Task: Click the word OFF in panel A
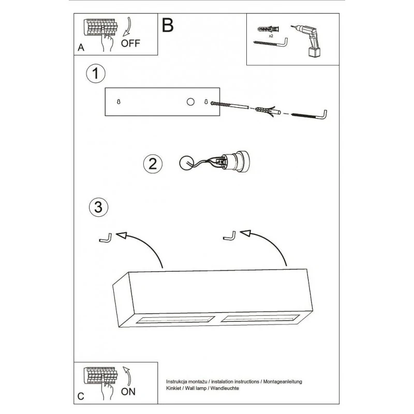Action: click(130, 43)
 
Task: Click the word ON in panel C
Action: click(128, 392)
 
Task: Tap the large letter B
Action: click(168, 25)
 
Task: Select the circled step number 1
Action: click(96, 73)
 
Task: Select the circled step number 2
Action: click(152, 164)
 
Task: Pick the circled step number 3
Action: click(98, 208)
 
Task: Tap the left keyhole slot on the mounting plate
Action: click(120, 101)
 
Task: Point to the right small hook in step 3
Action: click(229, 235)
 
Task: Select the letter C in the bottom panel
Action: click(80, 397)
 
